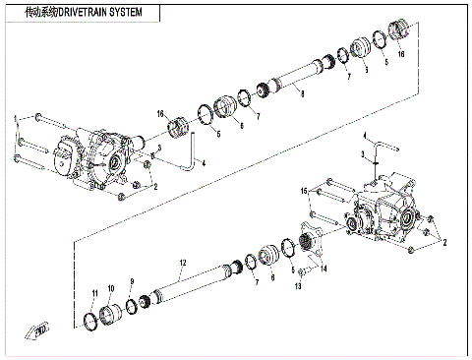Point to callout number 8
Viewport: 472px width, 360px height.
coord(302,94)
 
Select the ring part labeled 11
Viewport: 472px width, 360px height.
coord(91,320)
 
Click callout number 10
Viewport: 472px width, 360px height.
coord(110,289)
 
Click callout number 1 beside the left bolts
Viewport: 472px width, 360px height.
coord(15,120)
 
